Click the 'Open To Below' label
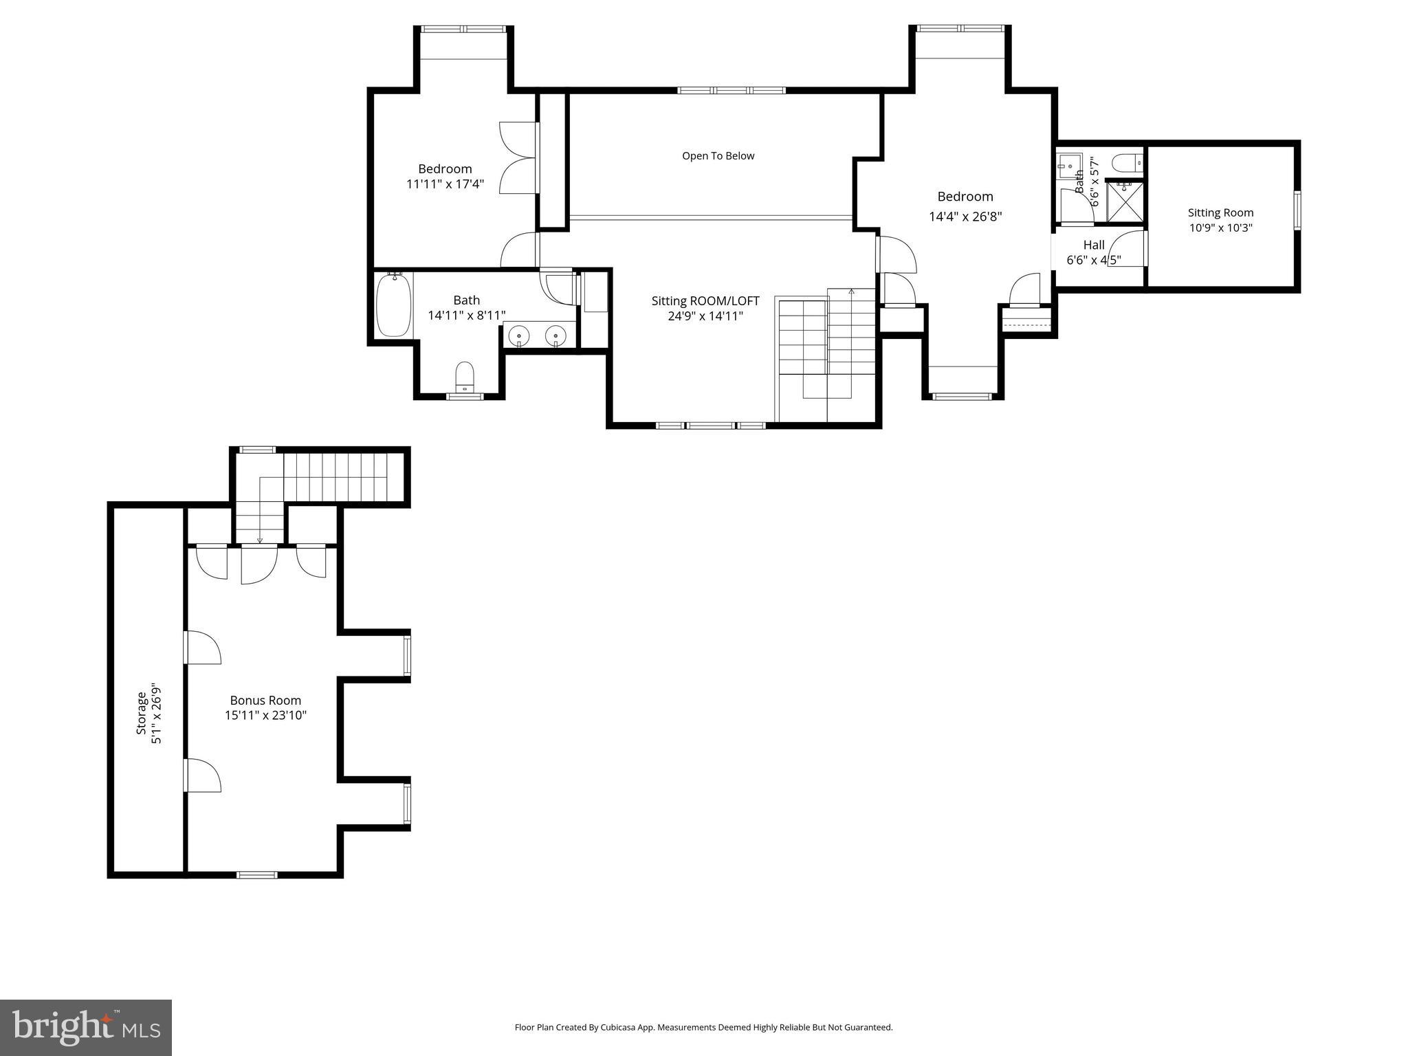tap(718, 156)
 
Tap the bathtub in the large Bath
tap(394, 305)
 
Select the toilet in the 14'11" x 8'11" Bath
tap(465, 376)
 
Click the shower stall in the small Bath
tap(1125, 201)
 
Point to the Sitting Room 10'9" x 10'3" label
tap(1220, 220)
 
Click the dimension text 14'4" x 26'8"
tap(965, 217)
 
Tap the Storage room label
tap(148, 712)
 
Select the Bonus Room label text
tap(265, 701)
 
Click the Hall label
tap(1093, 245)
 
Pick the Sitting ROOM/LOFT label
tap(705, 301)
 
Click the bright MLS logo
tap(86, 1027)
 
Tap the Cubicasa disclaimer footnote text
tap(703, 1028)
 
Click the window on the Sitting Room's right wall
tap(1297, 210)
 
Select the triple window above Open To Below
tap(731, 90)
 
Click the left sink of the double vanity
tap(519, 337)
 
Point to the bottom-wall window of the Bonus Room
tap(257, 874)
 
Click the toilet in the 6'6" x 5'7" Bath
tap(1127, 164)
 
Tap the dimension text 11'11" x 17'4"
tap(445, 184)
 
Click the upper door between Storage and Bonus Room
tap(202, 647)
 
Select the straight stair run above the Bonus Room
tap(342, 476)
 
